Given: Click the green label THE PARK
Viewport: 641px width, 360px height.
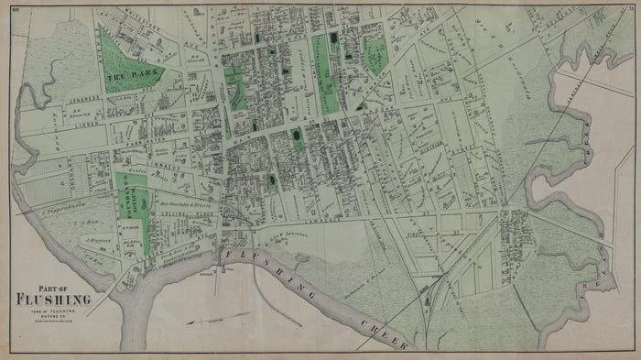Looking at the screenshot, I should [x=125, y=78].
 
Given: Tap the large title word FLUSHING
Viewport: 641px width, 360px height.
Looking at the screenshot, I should [x=52, y=299].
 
